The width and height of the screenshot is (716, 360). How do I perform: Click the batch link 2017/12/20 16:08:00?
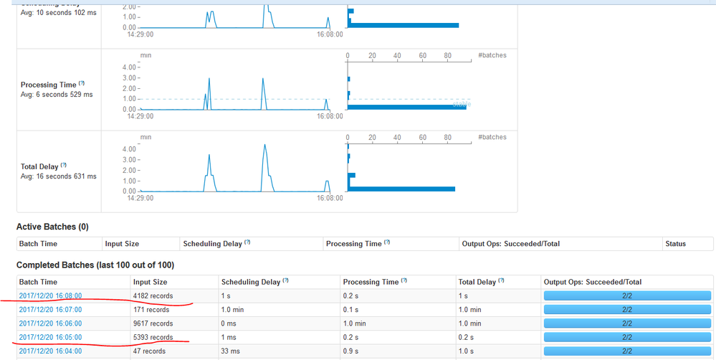tap(50, 295)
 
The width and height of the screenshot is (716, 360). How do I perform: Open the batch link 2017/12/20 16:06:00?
tap(50, 323)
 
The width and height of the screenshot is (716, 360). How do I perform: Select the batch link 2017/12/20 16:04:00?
tap(50, 351)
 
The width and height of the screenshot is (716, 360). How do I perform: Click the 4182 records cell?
tap(153, 295)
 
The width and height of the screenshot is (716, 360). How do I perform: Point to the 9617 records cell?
tap(153, 323)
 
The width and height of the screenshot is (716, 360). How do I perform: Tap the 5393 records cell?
tap(153, 337)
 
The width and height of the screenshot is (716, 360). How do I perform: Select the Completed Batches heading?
tap(95, 265)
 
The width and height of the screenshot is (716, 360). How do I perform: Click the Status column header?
tap(675, 244)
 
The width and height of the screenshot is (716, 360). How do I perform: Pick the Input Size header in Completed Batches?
tap(150, 282)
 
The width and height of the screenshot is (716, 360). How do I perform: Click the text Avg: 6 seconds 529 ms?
tap(57, 95)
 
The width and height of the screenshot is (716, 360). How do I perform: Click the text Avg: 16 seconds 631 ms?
tap(59, 176)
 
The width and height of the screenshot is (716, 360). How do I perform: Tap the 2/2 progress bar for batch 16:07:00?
tap(627, 310)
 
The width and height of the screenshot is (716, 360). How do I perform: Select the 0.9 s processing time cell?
tap(352, 351)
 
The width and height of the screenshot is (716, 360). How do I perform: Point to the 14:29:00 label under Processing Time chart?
tap(141, 115)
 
